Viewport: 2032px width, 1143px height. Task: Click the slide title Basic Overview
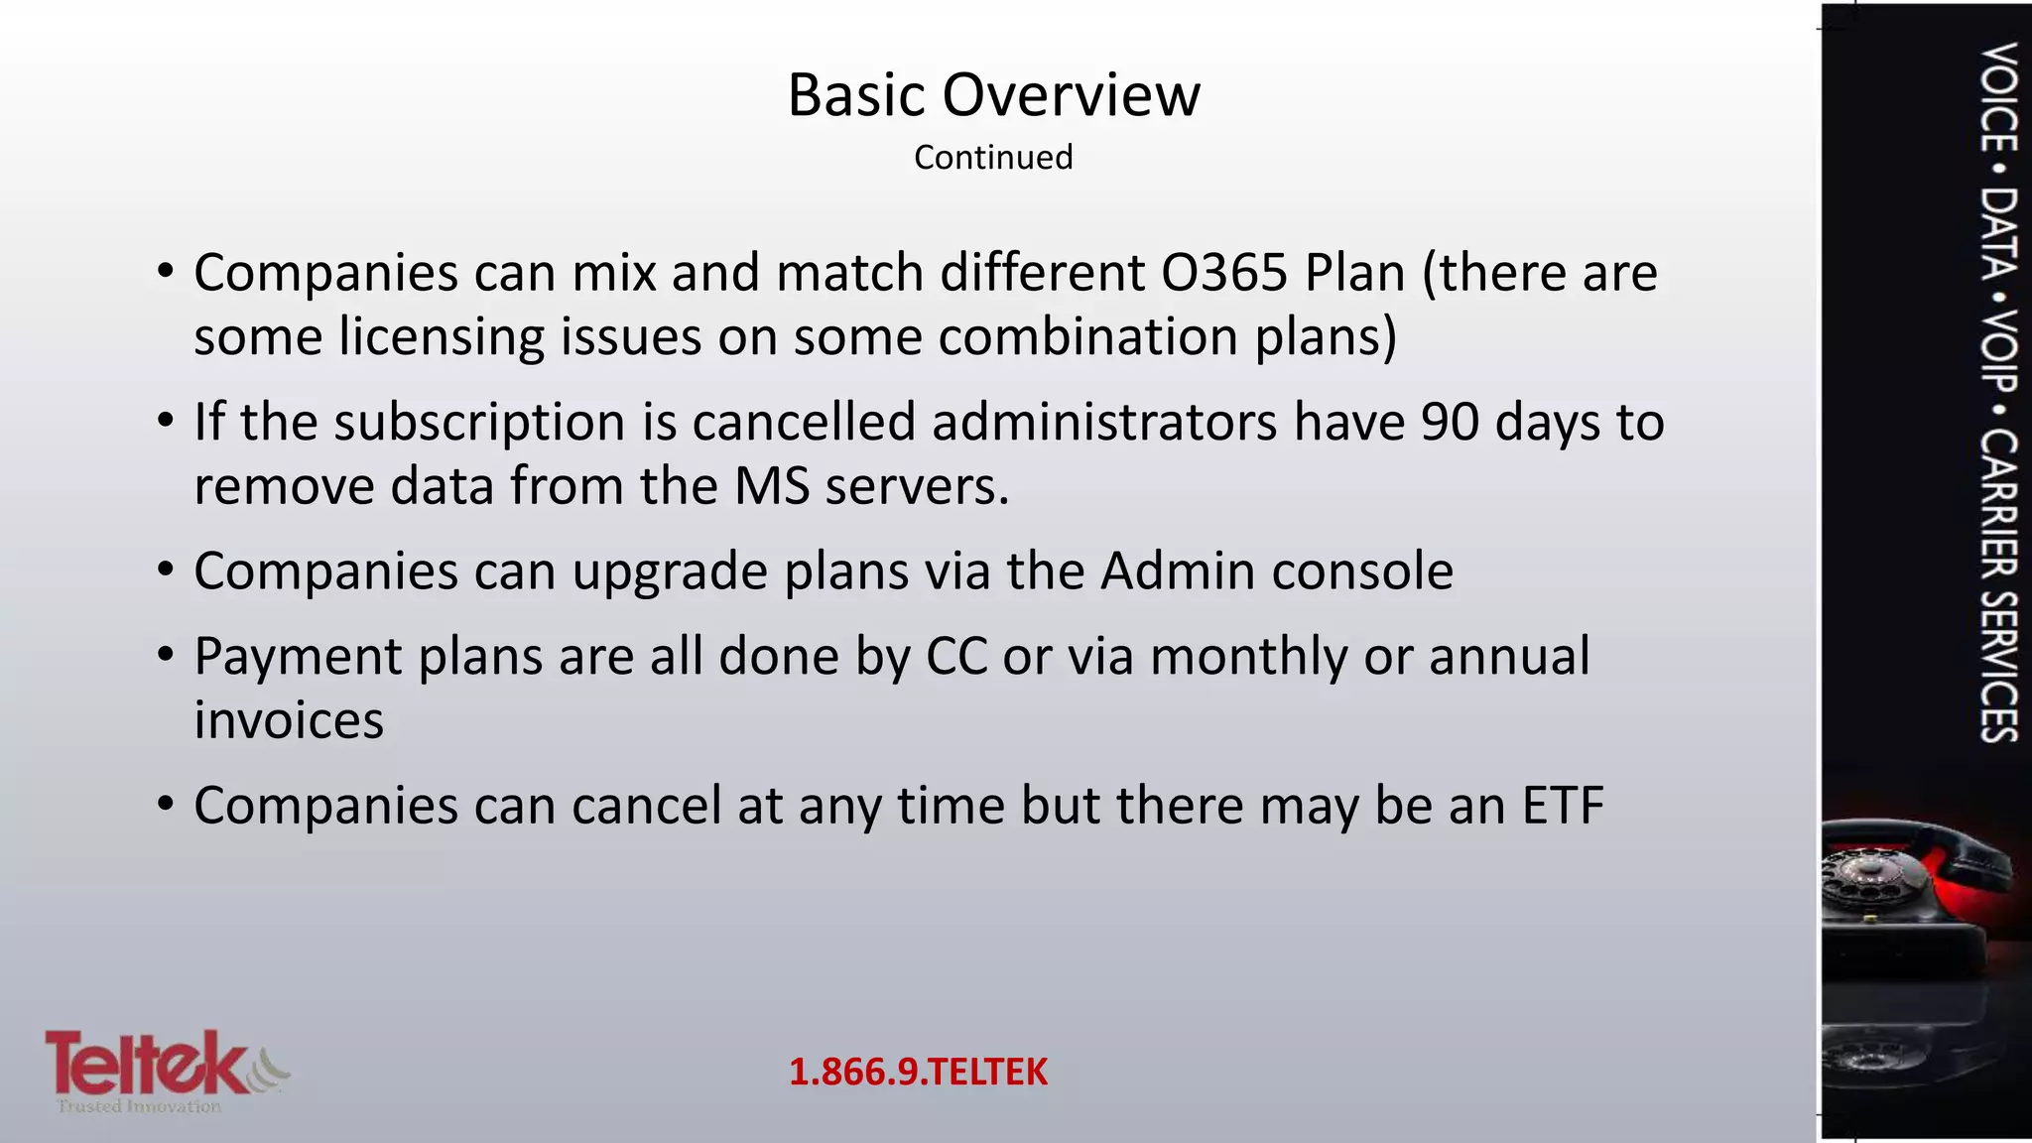(993, 95)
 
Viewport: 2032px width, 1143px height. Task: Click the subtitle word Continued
(993, 157)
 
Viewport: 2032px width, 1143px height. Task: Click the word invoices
(289, 720)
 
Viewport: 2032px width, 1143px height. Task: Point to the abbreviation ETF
(1563, 806)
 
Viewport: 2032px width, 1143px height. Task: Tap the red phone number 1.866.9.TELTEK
(918, 1072)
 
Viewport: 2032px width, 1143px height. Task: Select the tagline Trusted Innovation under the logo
(139, 1106)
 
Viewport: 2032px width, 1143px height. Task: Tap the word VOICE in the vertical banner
(1998, 97)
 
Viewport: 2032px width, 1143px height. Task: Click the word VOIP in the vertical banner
(1998, 351)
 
